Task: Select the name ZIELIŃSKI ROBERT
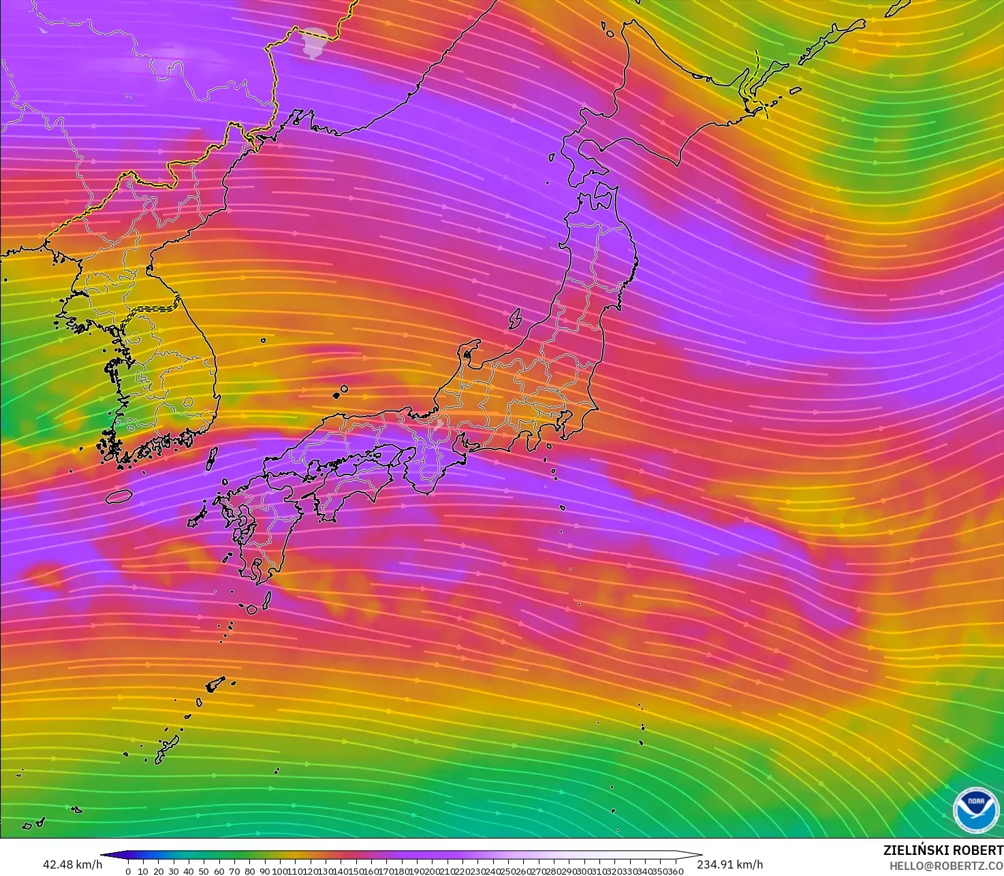pos(943,850)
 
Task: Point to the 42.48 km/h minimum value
pos(72,864)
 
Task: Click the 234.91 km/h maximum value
pos(730,864)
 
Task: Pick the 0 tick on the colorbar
pos(128,871)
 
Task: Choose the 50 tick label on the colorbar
pos(204,871)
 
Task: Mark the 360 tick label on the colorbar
pos(676,871)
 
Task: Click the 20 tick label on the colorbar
pos(158,871)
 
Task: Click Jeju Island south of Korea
pos(119,496)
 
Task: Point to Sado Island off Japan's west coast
pos(515,319)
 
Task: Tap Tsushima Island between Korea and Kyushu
pos(211,458)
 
